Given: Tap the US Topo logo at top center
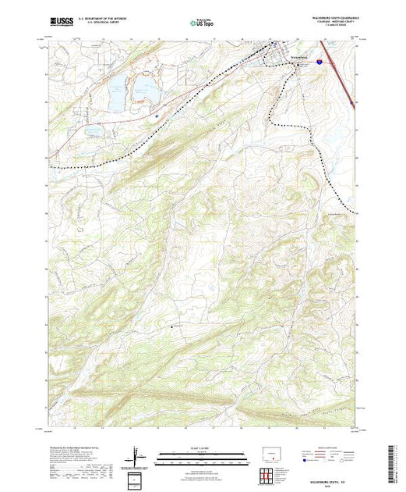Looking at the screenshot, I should pyautogui.click(x=201, y=23).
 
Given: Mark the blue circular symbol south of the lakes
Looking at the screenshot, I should pyautogui.click(x=157, y=117).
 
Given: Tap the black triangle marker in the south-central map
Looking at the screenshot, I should pyautogui.click(x=172, y=326).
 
